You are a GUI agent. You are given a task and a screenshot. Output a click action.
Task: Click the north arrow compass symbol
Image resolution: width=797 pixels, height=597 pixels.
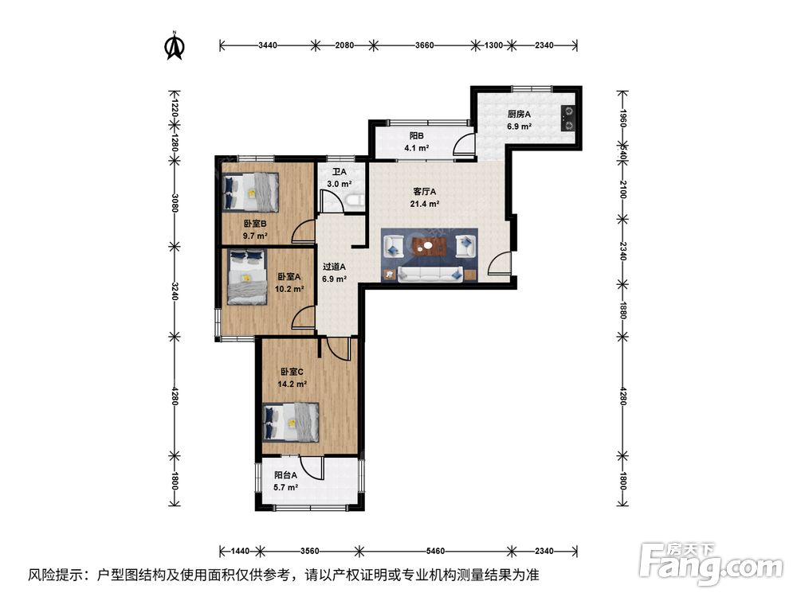coord(175,45)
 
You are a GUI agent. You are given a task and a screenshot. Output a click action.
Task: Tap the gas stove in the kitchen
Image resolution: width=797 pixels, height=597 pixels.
coord(568,119)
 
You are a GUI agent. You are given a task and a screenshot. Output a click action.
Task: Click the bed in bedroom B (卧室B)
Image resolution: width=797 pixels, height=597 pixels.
coord(251,192)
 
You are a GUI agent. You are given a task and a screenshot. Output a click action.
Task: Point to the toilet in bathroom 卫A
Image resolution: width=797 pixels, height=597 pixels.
coord(355,201)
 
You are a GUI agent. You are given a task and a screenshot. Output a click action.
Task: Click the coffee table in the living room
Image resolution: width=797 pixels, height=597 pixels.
coord(430,246)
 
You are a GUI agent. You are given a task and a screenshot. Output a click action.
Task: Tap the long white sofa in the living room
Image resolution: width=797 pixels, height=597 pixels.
coord(430,274)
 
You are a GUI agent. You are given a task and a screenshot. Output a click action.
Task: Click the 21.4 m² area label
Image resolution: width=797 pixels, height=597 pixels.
coord(425,204)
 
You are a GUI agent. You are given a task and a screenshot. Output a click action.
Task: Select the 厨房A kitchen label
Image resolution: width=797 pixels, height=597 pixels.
coord(519,114)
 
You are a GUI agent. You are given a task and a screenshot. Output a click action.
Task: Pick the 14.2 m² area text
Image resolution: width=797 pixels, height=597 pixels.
coord(292,384)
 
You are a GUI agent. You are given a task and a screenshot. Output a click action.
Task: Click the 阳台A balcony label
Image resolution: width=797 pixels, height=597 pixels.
coord(285,476)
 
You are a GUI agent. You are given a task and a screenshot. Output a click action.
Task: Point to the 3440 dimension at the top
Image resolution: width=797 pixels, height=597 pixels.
coord(268,45)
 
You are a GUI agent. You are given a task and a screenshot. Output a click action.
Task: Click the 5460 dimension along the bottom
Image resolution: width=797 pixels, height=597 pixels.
coord(436,551)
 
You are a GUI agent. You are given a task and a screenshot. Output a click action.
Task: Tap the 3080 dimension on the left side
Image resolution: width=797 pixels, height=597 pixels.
coord(175,203)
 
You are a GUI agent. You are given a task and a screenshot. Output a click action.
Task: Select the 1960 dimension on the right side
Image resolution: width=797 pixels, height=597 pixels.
coord(622,119)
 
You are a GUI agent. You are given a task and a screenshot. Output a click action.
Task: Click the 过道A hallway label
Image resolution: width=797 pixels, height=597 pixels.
coord(335,267)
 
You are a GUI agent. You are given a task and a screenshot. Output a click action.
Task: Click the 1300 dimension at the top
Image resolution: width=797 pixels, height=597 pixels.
coord(493,45)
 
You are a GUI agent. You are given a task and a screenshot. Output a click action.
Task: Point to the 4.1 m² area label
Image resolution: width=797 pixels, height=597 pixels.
coord(417,148)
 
